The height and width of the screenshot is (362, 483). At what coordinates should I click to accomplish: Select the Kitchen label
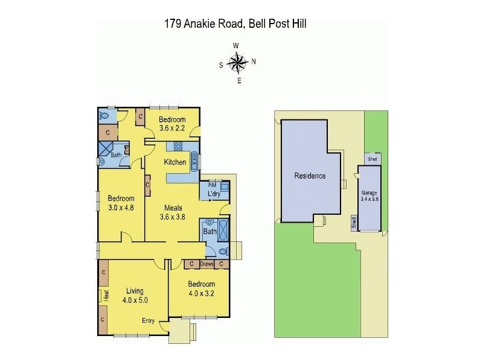[x=174, y=162]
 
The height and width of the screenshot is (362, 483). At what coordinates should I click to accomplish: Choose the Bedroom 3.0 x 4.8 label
[x=121, y=203]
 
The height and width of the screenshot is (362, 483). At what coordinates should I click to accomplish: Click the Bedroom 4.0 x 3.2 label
[x=201, y=288]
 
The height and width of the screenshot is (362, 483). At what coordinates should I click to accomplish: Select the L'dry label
[x=213, y=194]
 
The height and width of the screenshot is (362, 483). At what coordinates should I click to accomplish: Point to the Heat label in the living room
[x=106, y=295]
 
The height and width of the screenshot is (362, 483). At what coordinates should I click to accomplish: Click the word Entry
[x=148, y=320]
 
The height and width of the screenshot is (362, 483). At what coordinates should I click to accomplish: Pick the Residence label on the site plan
[x=310, y=176]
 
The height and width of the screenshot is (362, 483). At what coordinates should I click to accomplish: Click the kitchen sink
[x=193, y=162]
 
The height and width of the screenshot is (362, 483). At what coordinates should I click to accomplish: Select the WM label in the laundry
[x=211, y=185]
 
